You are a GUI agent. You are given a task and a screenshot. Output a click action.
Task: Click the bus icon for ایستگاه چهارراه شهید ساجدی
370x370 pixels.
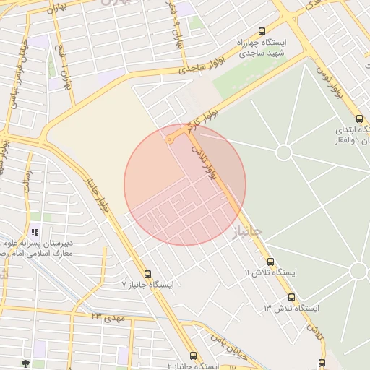(261, 31)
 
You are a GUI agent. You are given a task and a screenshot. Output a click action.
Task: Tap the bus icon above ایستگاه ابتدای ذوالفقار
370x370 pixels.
(359, 119)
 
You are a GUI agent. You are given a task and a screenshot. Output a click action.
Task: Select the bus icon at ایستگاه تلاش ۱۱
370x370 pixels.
(270, 262)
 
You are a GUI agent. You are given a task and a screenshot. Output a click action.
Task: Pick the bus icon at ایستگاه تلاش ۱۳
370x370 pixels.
(291, 297)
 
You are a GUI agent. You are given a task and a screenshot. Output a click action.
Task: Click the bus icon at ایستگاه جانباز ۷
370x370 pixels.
(148, 274)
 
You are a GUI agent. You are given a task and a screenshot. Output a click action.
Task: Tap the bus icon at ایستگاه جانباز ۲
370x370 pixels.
(193, 356)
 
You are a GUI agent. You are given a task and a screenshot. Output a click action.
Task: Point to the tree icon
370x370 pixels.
(27, 363)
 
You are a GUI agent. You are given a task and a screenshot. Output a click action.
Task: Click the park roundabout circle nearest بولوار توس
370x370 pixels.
(283, 152)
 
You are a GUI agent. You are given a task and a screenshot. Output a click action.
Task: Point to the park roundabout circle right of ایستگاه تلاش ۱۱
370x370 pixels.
(358, 271)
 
